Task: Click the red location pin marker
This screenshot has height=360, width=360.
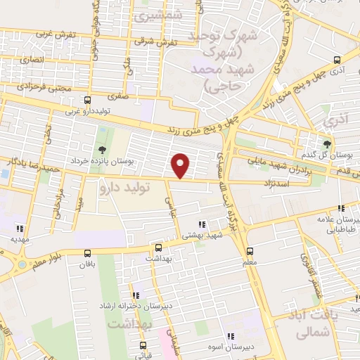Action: point(181,165)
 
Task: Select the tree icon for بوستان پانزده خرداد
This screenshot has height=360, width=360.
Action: point(103,149)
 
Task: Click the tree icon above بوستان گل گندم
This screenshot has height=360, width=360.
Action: point(326,144)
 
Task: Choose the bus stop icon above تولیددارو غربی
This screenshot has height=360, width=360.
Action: point(87,100)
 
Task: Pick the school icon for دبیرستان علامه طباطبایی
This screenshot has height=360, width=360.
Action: point(342,208)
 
